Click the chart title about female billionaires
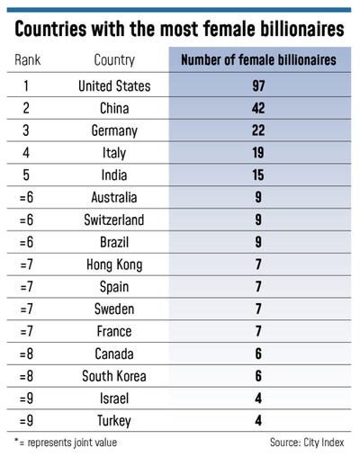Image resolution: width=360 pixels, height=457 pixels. point(180,29)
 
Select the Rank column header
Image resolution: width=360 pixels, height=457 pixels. point(29,61)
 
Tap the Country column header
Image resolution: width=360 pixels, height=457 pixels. point(114,61)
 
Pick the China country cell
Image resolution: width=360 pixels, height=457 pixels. point(114,110)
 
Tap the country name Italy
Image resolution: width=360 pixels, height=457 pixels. point(114,154)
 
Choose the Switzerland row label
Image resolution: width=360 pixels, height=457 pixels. point(114,220)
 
